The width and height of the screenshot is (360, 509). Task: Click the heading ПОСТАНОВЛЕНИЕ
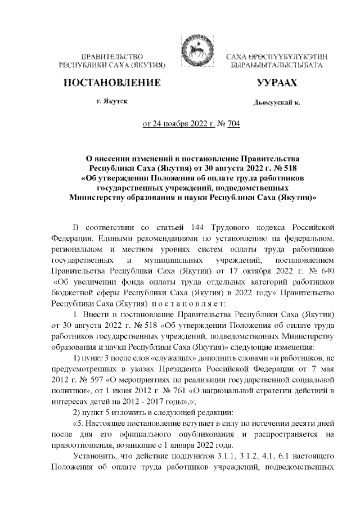[x=111, y=84]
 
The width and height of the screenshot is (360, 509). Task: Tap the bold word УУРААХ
[x=276, y=84]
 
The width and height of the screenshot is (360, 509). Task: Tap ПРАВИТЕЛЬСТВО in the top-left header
[x=112, y=57]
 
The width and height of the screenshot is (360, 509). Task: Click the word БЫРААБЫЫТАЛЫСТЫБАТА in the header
[x=277, y=66]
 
